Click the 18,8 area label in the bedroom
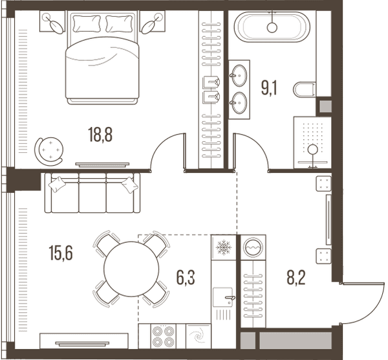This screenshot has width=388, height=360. coord(100,135)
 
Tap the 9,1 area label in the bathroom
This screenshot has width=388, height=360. coord(269,87)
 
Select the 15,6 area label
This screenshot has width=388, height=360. coord(61,253)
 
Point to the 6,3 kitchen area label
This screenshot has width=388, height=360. coord(186,278)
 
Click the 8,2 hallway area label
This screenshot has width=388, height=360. coord(296,278)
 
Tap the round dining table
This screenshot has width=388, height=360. coord(132,269)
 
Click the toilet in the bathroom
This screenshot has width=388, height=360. coord(305,89)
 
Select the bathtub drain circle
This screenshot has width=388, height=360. coord(272,27)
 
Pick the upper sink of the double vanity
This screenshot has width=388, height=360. coord(239,75)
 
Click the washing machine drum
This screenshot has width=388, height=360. coord(253,247)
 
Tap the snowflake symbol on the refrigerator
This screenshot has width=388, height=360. coord(224,247)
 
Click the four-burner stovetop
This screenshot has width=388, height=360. coord(163,336)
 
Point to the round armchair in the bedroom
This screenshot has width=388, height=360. coord(48,150)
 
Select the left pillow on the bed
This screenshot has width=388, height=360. coord(87,23)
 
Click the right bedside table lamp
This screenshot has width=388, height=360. coord(151,23)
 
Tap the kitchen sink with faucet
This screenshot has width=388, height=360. coord(223,297)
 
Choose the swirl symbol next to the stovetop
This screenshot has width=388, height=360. coord(199,336)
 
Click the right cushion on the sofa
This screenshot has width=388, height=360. coord(129,185)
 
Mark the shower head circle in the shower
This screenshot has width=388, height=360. coord(313,150)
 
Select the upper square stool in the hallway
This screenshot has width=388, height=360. coord(323,183)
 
